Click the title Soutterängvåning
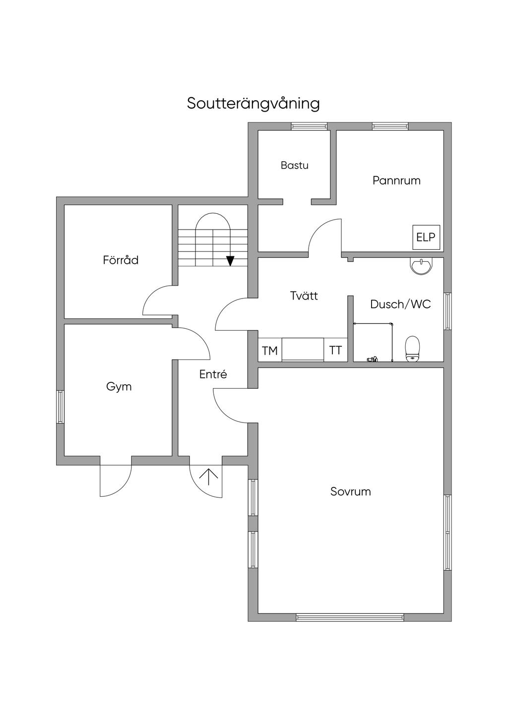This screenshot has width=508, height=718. pos(253,104)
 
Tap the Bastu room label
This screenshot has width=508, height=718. pos(294,165)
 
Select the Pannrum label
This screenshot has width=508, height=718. pos(396,180)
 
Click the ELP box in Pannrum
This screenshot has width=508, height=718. pos(426,237)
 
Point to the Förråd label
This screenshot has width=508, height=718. pos(121,260)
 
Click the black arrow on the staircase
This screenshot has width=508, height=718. pos(230,261)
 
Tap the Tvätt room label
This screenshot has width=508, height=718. pos(304,296)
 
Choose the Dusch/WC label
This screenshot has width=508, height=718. pos(400,304)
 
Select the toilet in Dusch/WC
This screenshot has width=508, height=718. pos(412,348)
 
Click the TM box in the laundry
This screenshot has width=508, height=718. pos(270,351)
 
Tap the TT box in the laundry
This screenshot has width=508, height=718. pos(335,350)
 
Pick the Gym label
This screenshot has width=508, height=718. pos(119,386)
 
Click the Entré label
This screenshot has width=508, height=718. pos(213,374)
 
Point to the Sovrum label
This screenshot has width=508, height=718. pos(351,491)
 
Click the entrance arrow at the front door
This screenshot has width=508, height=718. pos(208,477)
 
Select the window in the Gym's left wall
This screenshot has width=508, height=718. pos(60,407)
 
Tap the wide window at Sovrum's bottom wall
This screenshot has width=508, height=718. pos(350,617)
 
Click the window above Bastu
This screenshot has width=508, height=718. pos(306,126)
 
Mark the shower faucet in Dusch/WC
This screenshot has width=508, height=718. pos(372,358)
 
